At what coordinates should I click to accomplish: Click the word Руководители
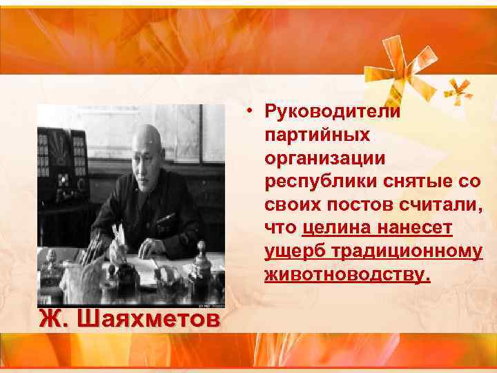click(x=333, y=112)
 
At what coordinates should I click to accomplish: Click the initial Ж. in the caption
click(x=54, y=321)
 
